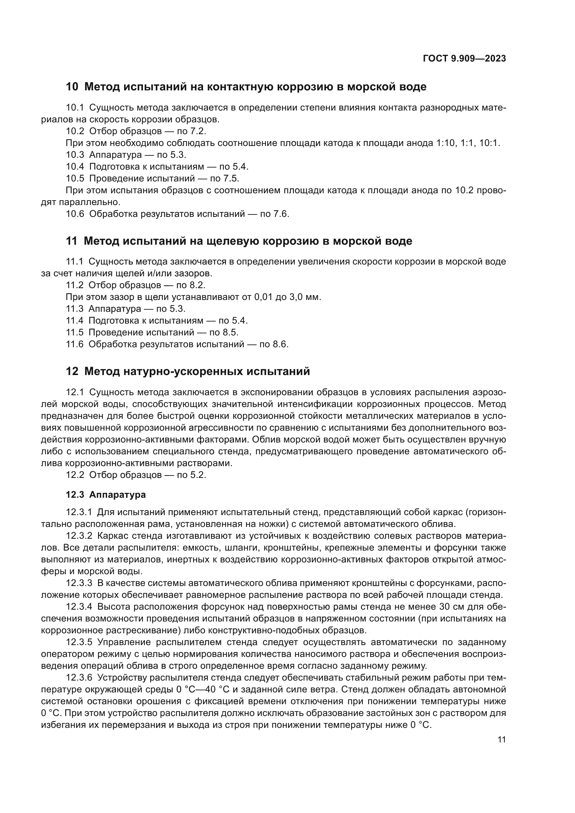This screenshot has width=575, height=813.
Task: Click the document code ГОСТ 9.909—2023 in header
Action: tap(464, 59)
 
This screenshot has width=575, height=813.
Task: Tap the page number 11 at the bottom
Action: tap(501, 740)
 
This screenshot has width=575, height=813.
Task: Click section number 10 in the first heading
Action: tap(72, 87)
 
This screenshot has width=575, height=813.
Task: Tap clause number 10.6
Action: tap(75, 214)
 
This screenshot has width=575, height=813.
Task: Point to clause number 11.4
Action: tap(74, 321)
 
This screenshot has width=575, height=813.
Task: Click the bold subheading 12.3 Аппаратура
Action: tap(106, 495)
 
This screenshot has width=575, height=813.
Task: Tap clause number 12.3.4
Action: tap(79, 607)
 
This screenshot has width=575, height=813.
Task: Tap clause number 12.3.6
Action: tap(79, 678)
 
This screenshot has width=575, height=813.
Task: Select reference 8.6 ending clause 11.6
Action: tap(280, 344)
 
